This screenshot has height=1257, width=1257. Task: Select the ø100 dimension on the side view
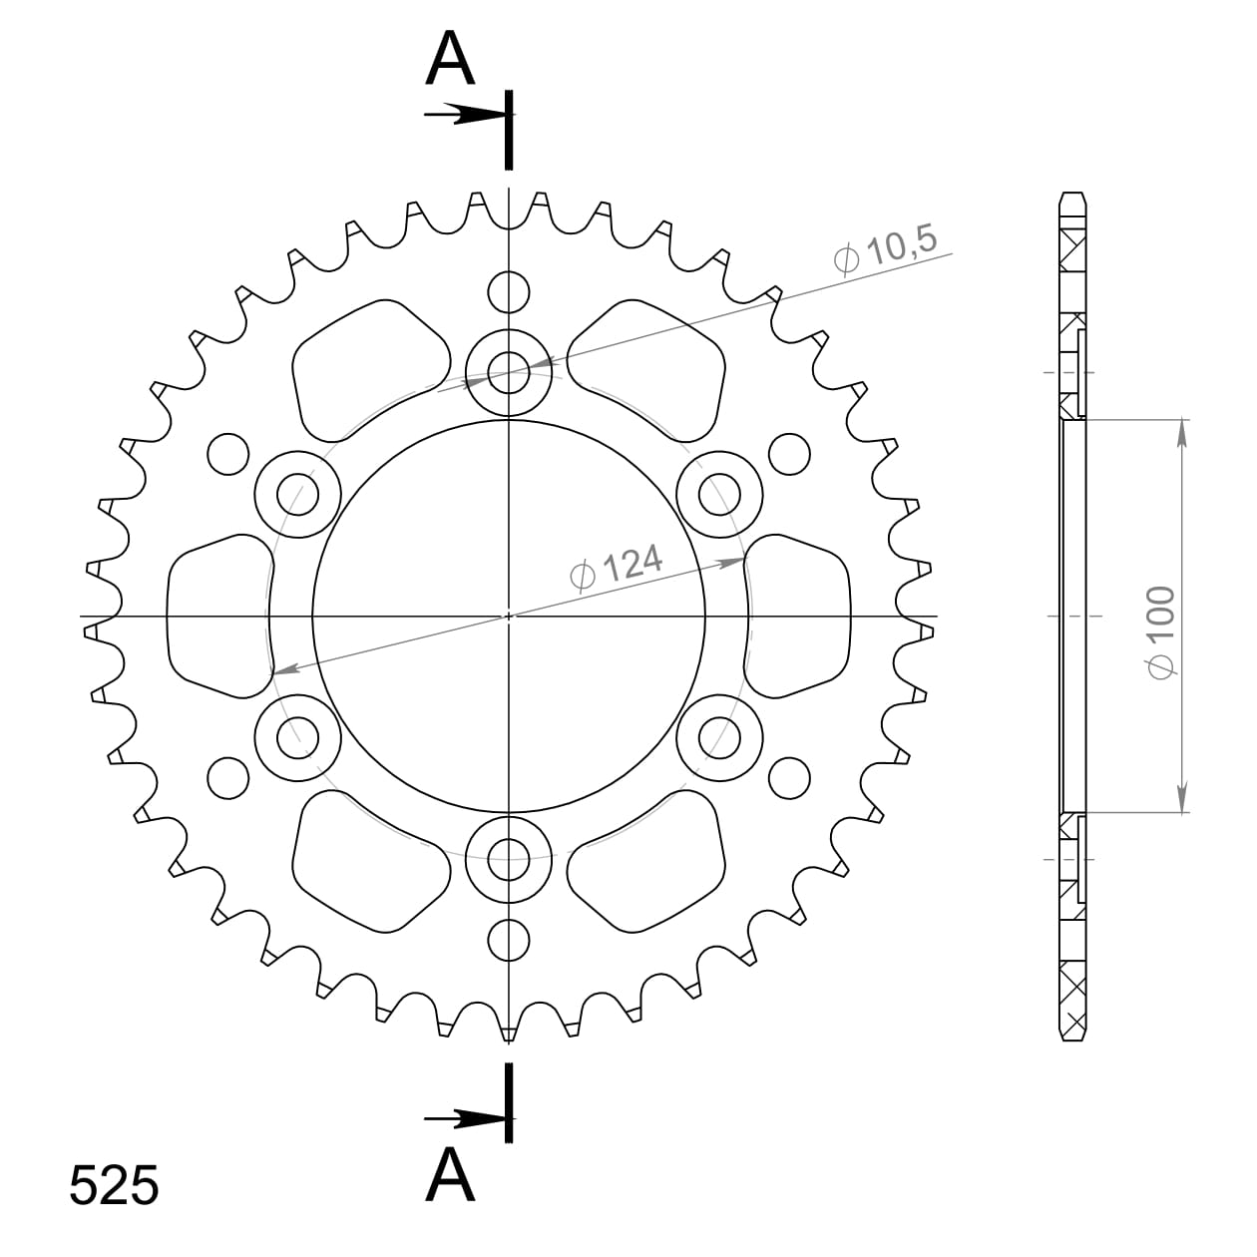1163,632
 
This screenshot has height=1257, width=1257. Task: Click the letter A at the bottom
450,1176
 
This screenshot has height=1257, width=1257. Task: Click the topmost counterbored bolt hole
509,373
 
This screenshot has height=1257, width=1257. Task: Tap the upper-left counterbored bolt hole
296,493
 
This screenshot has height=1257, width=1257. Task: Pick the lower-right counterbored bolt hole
719,738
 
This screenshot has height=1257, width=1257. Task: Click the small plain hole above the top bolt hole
509,291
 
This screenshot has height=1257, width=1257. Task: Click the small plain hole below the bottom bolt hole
509,940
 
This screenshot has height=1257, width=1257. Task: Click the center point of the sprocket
509,616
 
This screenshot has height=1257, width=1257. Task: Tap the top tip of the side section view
1072,194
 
